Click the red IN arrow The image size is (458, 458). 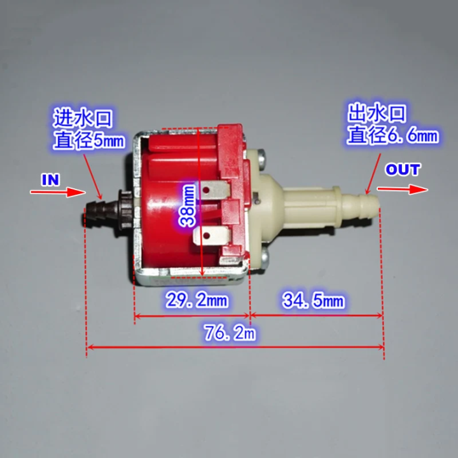coord(57,191)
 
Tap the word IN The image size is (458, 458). coord(50,179)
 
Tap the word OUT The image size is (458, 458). coord(403,170)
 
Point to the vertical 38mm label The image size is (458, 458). coord(187,205)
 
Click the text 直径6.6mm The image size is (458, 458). coord(392,134)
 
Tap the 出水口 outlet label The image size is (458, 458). coord(377,115)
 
